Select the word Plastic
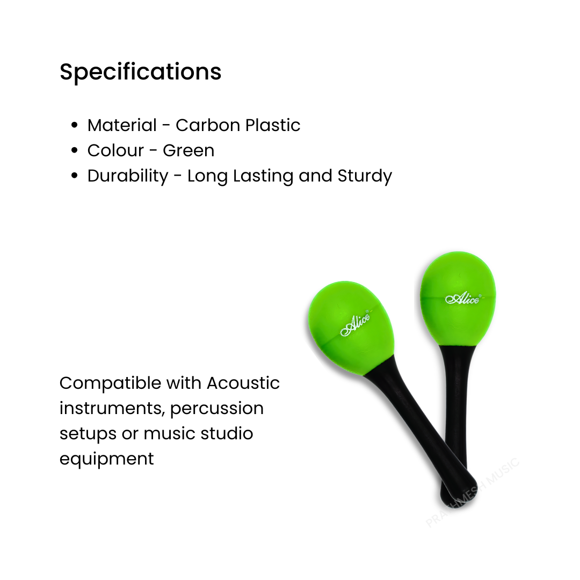pyautogui.click(x=273, y=125)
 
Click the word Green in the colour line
pyautogui.click(x=189, y=151)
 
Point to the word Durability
pyautogui.click(x=128, y=176)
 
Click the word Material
pyautogui.click(x=122, y=125)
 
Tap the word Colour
pyautogui.click(x=115, y=151)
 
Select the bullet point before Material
pyautogui.click(x=75, y=126)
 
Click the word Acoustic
pyautogui.click(x=243, y=383)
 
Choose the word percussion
pyautogui.click(x=217, y=409)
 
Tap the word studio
pyautogui.click(x=227, y=433)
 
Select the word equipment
pyautogui.click(x=106, y=459)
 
